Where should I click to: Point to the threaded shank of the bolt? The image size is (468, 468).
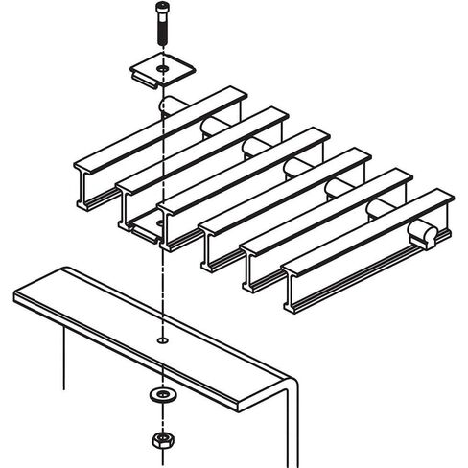pyautogui.click(x=160, y=38)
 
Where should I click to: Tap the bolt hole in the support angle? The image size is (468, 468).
pyautogui.click(x=162, y=339)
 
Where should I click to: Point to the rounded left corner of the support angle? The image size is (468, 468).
pyautogui.click(x=19, y=289)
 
